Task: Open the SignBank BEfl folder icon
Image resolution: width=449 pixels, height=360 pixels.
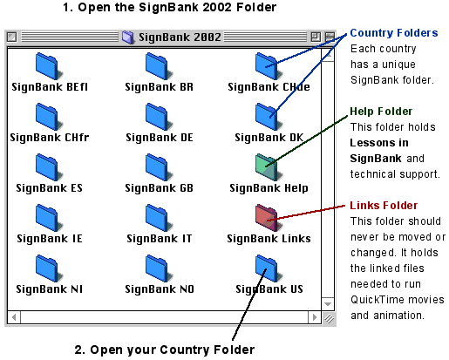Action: coord(49,66)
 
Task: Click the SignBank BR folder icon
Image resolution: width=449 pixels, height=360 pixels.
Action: coord(159,66)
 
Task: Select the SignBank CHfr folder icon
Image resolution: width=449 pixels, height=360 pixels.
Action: coord(49,117)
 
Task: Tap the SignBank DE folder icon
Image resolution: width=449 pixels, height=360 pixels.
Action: coord(159,117)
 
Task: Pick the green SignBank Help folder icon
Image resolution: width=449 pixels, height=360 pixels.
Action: coord(269,167)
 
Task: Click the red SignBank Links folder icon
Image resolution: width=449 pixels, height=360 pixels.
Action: coord(269,218)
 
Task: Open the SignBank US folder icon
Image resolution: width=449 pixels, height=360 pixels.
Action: coord(269,268)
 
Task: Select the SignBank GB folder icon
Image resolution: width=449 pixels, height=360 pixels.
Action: coord(159,167)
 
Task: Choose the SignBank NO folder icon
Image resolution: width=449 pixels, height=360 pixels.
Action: coord(159,268)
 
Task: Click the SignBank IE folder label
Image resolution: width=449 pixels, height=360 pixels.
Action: coord(50,239)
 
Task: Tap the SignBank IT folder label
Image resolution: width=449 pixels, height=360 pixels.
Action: coord(160,239)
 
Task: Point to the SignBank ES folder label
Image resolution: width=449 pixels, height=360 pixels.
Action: coord(49,188)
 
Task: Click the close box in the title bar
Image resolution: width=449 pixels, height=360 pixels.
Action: coord(12,37)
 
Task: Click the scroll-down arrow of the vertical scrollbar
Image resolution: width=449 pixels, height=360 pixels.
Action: coord(328,304)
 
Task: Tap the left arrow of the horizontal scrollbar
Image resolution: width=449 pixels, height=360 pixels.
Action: coord(14,317)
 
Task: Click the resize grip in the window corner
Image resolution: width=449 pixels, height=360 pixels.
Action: coord(329,318)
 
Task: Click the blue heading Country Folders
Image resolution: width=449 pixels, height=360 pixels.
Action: coord(394,33)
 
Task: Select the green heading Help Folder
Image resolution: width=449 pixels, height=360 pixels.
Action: coord(381,112)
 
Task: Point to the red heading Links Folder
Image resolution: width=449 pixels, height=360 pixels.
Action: coord(384,206)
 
